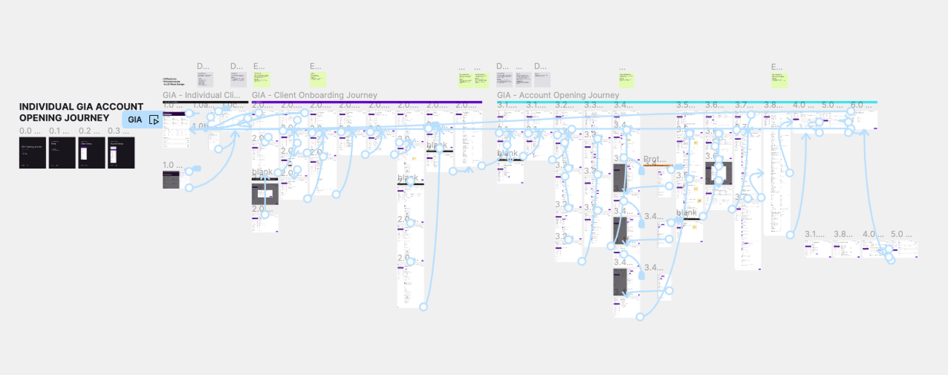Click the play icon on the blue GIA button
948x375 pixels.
tap(154, 120)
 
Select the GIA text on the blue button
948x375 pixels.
tap(135, 120)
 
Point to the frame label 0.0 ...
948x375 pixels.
tap(30, 131)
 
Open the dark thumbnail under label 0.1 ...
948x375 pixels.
tap(62, 152)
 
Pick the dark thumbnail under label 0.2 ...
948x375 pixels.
tap(91, 152)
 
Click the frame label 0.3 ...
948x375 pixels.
tap(118, 131)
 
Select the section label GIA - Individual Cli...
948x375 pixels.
tap(201, 95)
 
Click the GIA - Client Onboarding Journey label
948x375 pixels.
tap(314, 95)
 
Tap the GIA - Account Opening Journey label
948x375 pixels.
tap(558, 95)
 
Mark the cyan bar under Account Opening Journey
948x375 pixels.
tap(687, 102)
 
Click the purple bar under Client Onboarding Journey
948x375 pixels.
tap(367, 102)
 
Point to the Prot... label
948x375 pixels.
tap(654, 159)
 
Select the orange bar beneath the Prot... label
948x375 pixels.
tap(658, 165)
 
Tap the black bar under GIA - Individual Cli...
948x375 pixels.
tap(205, 102)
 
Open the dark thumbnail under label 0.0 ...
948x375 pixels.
tap(33, 152)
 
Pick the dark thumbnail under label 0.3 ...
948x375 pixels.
tap(121, 152)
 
